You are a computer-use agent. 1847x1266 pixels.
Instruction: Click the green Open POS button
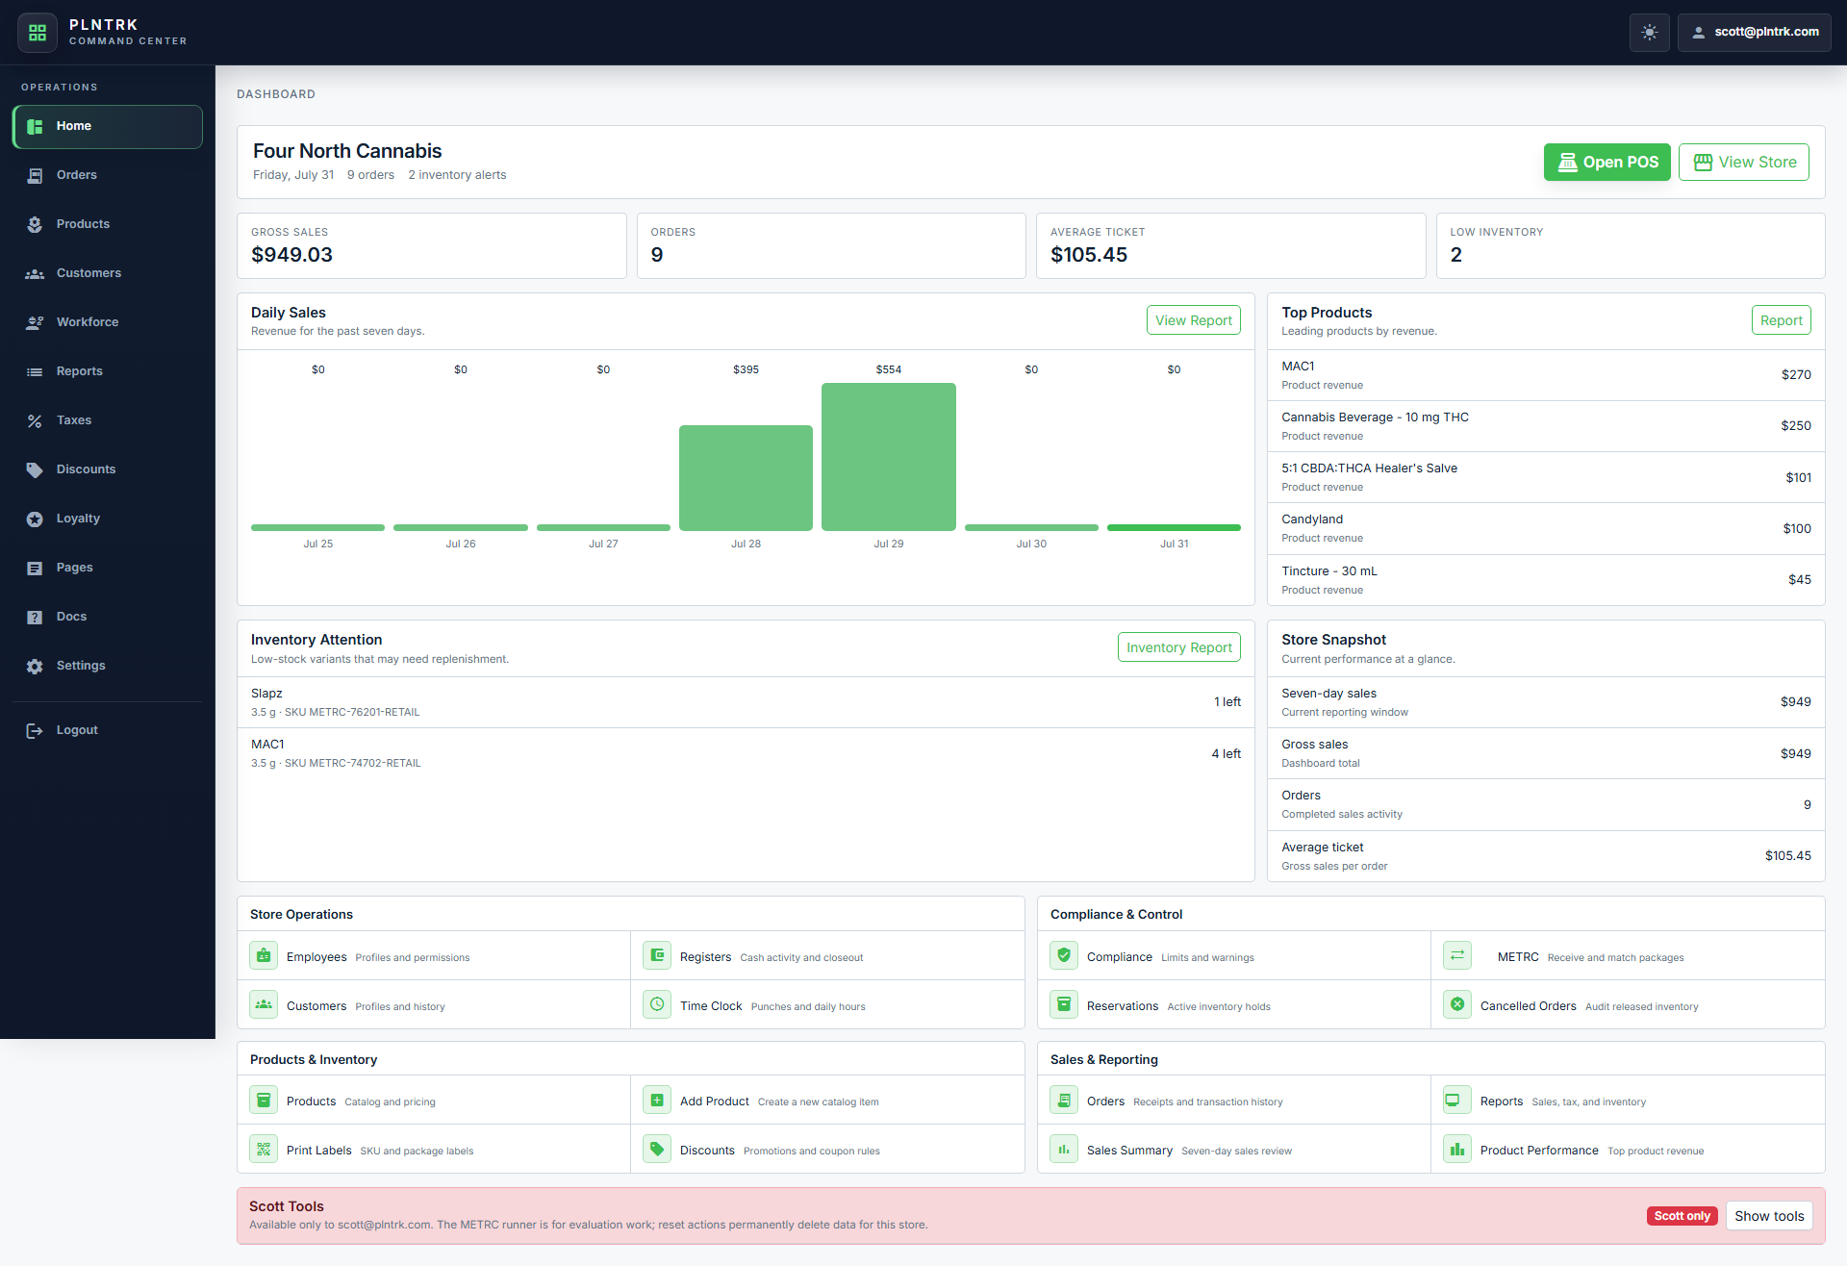click(1607, 162)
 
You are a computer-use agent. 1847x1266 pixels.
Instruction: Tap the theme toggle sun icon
click(1650, 33)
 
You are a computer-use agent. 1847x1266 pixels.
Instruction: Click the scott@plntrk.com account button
click(1755, 33)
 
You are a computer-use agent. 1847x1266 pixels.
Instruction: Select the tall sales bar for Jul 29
click(889, 457)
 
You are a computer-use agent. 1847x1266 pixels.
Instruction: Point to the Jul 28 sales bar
click(746, 478)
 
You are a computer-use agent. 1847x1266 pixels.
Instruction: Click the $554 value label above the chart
click(889, 369)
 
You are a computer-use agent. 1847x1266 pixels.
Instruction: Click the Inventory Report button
click(1178, 647)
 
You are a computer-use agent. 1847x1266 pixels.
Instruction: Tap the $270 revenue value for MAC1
click(1796, 375)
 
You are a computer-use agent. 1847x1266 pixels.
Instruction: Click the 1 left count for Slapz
click(1227, 702)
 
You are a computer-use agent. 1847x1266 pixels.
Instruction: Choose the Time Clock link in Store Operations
click(711, 1006)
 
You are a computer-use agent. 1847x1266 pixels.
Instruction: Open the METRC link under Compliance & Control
click(1518, 957)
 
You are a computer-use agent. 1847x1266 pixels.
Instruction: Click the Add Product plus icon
click(657, 1101)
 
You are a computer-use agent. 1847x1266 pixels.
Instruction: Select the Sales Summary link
click(1129, 1151)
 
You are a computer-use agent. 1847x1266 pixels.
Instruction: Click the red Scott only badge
click(1683, 1216)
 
